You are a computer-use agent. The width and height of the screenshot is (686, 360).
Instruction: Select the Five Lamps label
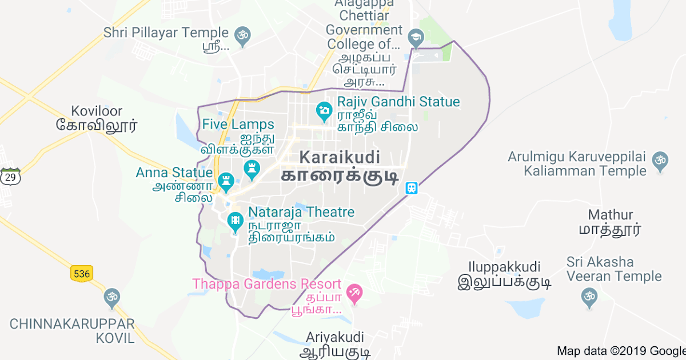[x=238, y=124]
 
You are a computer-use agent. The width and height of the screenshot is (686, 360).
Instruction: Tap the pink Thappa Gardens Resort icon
[x=356, y=294]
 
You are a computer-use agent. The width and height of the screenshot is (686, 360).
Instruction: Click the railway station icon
[x=410, y=188]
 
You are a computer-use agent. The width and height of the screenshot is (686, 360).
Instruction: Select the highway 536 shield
[x=82, y=274]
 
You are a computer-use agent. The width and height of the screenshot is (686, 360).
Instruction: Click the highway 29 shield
[x=10, y=177]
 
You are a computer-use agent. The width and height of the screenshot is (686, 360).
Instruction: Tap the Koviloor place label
[x=97, y=111]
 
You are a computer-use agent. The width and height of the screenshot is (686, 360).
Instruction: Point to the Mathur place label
[x=611, y=215]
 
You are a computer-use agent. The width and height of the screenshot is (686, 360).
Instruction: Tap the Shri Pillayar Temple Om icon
[x=243, y=34]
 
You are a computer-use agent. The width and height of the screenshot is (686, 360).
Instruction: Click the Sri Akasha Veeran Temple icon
[x=588, y=296]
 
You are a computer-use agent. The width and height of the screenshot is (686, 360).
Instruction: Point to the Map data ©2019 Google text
[x=621, y=351]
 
